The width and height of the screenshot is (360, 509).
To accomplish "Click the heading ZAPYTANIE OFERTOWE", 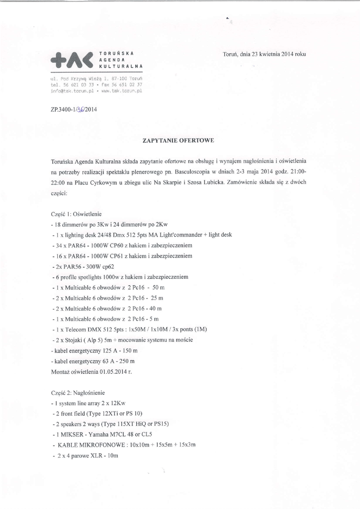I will click(178, 141).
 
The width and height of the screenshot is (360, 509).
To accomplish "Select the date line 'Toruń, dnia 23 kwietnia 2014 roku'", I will click(264, 54).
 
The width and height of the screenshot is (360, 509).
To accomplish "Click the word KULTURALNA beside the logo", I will click(121, 66).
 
